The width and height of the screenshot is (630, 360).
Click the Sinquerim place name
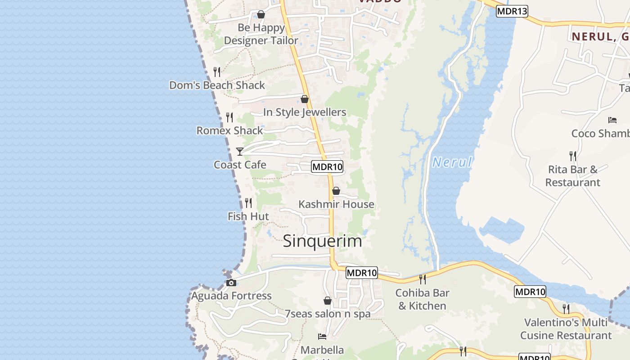coord(322,241)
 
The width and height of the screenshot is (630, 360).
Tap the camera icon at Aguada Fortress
coord(231,283)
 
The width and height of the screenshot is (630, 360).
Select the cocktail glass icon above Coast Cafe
coord(240,152)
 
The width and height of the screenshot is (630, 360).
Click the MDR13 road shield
coord(512,11)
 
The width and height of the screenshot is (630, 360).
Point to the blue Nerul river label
coord(452,162)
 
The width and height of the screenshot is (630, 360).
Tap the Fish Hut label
coord(248,216)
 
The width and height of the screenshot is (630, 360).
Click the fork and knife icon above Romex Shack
coord(229,117)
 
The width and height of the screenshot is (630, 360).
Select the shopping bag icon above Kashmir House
coord(336,191)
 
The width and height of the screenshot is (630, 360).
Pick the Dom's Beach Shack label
coord(217,85)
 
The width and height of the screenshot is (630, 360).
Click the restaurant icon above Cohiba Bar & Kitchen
coord(422,279)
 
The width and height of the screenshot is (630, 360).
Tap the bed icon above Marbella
coord(322,337)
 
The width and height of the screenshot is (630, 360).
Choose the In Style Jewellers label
coord(305,112)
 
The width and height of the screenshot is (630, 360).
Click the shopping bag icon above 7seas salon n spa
coord(328,301)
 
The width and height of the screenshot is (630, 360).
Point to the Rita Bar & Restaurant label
coord(573,176)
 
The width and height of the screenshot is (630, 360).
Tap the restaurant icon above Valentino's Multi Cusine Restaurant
coord(566,309)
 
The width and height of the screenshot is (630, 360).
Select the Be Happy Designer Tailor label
coord(261,34)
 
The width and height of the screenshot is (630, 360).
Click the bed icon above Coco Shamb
coord(612,120)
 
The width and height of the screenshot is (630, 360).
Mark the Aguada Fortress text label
coord(231,296)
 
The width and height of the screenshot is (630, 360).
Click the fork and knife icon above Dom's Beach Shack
coord(217,72)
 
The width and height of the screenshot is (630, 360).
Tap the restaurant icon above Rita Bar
coord(573,156)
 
